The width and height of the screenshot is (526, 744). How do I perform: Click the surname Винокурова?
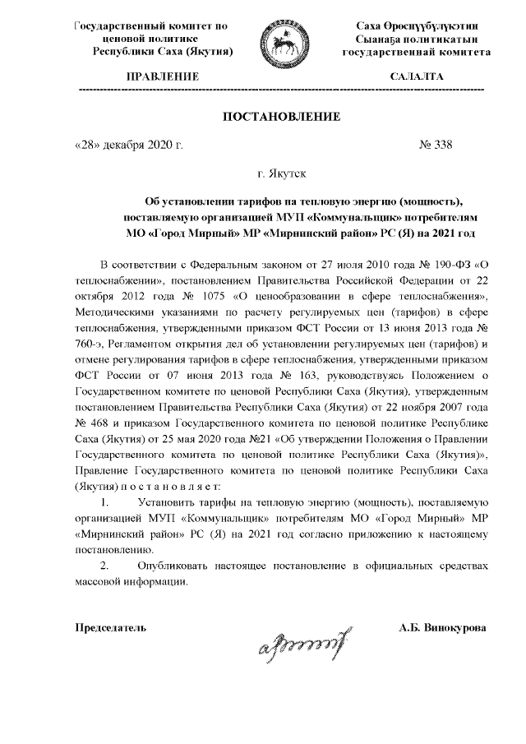tap(453, 628)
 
